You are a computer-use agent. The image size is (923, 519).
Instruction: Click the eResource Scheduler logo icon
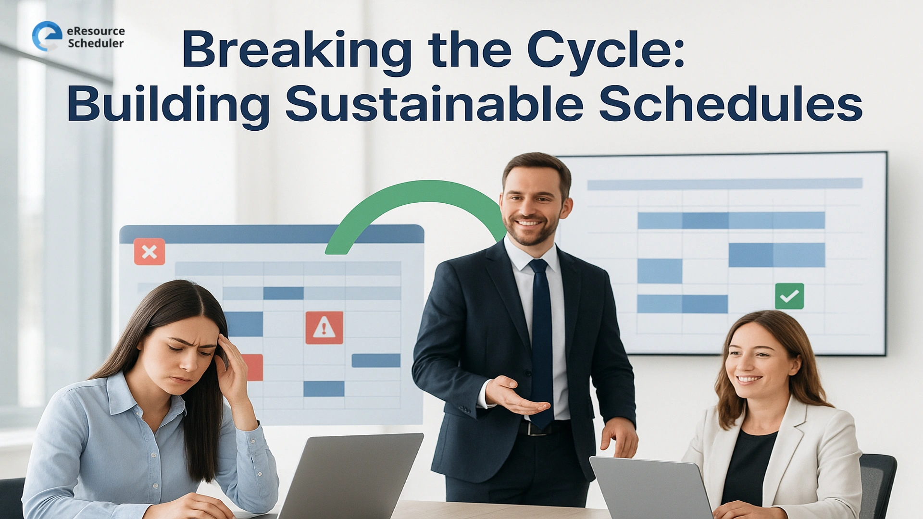[47, 36]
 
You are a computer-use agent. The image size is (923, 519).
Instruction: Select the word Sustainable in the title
[434, 104]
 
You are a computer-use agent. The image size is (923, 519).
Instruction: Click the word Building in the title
[168, 104]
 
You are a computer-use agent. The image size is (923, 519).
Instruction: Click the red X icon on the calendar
[150, 252]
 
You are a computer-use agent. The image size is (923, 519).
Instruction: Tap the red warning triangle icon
[324, 328]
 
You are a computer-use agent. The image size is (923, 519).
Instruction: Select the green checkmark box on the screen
[789, 296]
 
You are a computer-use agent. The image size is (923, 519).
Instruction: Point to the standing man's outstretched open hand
[517, 396]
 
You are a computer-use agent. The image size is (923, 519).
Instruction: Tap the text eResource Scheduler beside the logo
[96, 37]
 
